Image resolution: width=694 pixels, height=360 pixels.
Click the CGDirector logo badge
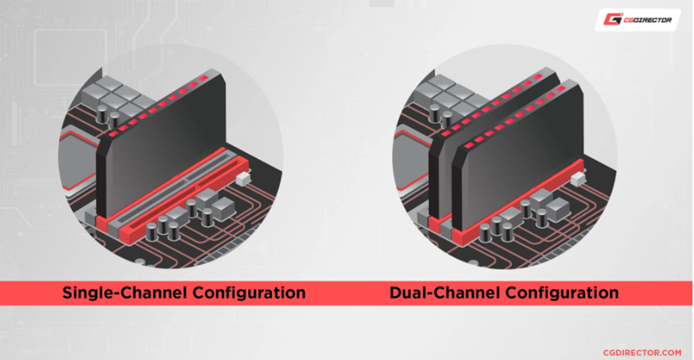pyautogui.click(x=637, y=19)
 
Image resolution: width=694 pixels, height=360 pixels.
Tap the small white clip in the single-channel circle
pyautogui.click(x=243, y=178)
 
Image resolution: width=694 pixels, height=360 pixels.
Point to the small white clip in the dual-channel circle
pyautogui.click(x=576, y=177)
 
